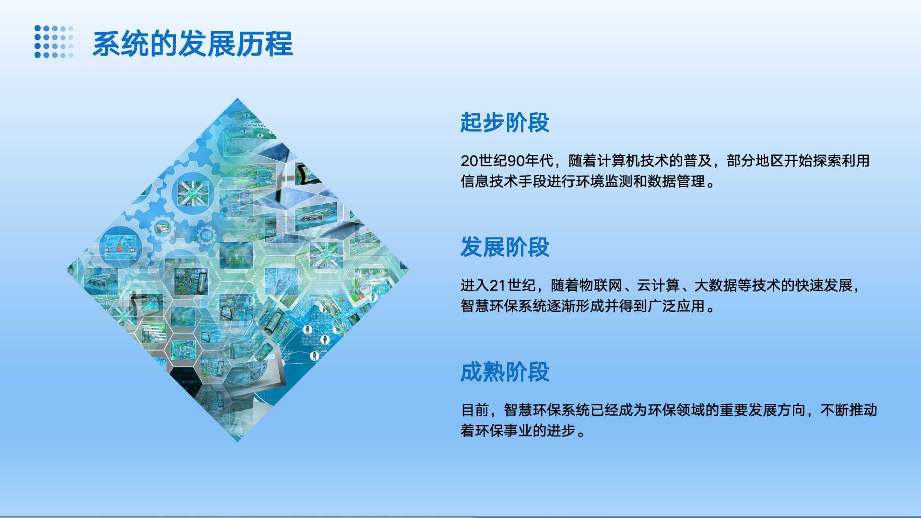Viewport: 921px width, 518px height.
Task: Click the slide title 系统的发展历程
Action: tap(192, 44)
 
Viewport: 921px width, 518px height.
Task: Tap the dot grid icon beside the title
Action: tap(54, 42)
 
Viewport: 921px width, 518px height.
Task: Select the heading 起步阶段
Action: tap(505, 122)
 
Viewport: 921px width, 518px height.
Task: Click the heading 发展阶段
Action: tap(505, 247)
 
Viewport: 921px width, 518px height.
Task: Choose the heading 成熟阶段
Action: tap(505, 372)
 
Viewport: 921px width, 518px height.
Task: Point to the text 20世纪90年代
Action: tap(507, 161)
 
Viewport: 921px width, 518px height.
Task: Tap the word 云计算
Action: tap(658, 285)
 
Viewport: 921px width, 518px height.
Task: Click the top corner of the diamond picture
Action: tap(237, 98)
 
